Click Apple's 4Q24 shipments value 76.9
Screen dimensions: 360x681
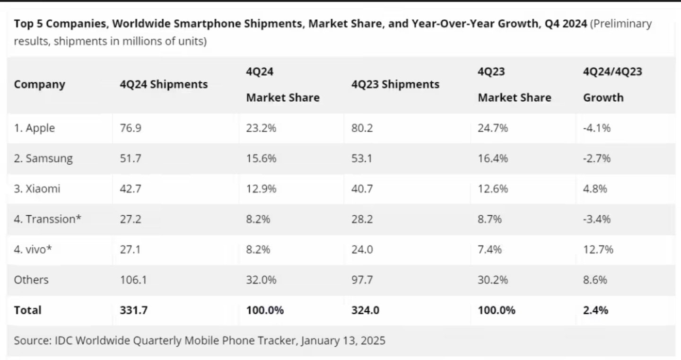131,128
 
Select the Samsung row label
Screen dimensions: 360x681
43,158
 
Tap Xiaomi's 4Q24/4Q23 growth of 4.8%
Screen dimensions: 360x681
595,189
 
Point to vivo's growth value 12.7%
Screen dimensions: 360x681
598,249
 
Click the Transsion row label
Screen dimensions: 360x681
47,219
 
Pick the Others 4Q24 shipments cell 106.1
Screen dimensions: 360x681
133,280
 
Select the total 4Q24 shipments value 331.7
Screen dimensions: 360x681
133,310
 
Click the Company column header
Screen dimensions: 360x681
39,85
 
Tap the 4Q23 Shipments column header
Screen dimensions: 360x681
395,85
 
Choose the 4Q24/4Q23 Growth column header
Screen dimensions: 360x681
612,85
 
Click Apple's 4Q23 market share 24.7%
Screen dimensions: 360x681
493,128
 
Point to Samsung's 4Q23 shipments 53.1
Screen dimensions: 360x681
362,158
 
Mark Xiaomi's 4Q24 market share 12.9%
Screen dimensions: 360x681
261,189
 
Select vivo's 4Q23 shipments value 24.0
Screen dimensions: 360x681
362,249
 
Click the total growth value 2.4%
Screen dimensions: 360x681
595,310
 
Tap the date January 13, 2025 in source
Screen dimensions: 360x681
343,340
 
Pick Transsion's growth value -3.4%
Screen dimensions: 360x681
596,219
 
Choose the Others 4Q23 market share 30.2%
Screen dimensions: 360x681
493,280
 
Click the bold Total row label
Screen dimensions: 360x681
27,310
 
